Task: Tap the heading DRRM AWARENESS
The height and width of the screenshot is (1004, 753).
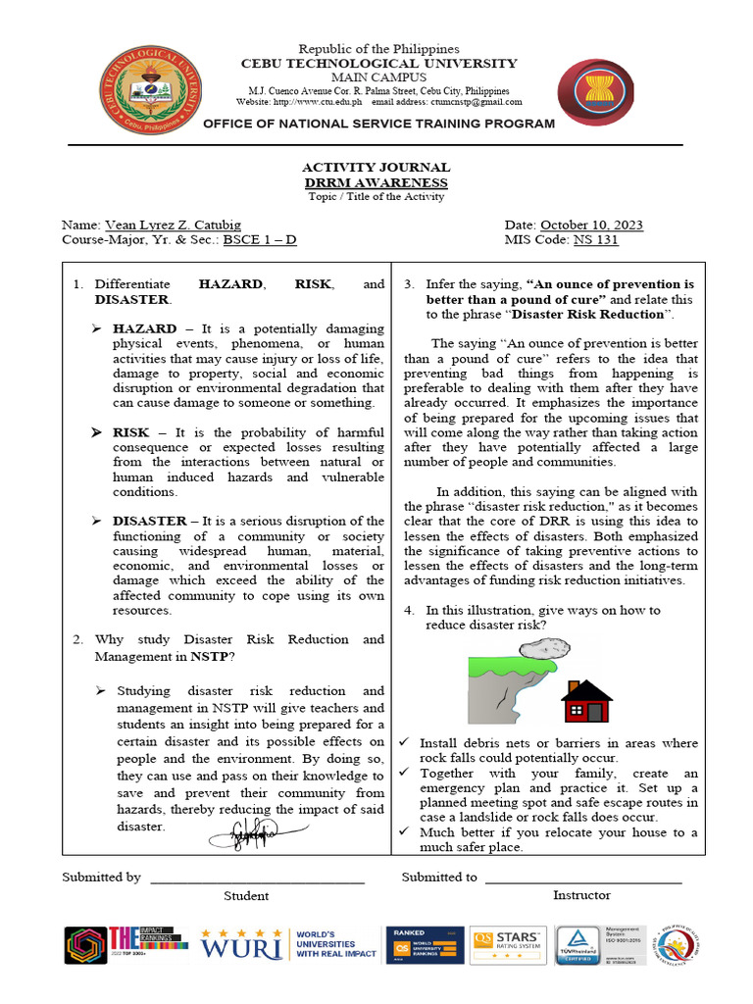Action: [x=376, y=182]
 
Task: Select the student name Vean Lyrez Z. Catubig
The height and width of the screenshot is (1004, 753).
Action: [x=177, y=225]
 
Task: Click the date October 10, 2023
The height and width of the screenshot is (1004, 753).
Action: [x=591, y=225]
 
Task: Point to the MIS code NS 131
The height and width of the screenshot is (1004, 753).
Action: [x=595, y=239]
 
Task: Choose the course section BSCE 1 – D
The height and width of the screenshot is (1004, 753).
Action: [x=259, y=239]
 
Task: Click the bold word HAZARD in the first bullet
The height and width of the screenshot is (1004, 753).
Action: [x=144, y=328]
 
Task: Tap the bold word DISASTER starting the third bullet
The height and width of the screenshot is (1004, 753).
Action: [x=150, y=521]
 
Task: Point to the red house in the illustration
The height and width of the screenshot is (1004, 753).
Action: [x=585, y=701]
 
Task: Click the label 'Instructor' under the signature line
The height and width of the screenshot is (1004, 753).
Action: [x=580, y=895]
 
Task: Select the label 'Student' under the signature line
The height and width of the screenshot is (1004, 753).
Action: [x=246, y=895]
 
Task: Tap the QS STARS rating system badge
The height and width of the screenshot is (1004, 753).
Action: [x=508, y=945]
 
